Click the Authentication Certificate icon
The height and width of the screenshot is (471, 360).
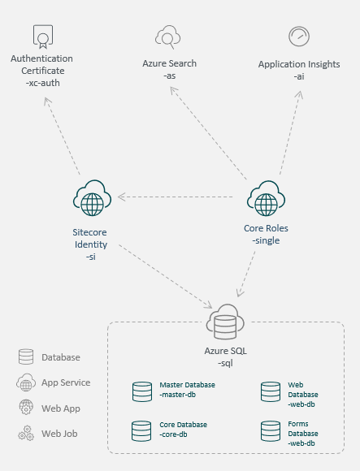(43, 37)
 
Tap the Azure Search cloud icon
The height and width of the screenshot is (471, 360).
(167, 37)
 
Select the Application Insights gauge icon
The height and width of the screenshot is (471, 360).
(299, 37)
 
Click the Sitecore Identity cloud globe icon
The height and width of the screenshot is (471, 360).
(93, 198)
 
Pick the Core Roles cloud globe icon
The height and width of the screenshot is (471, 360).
(266, 198)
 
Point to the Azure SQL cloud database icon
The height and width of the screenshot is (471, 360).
(225, 322)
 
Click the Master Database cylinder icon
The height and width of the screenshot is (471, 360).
(142, 391)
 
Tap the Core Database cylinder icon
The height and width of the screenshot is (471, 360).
(141, 431)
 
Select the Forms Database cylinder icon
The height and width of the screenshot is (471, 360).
(271, 431)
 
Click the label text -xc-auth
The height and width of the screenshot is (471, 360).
(43, 83)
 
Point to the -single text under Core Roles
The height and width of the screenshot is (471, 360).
(266, 240)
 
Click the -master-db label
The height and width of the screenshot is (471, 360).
(178, 395)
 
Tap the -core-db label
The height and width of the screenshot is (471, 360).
(173, 434)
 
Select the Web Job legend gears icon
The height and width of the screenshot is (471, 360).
(26, 433)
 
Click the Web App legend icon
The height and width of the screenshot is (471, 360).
(26, 408)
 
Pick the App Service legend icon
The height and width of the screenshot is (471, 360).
(26, 382)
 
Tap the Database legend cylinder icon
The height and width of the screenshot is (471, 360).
(26, 356)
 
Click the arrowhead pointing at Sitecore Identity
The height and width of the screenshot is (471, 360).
(121, 197)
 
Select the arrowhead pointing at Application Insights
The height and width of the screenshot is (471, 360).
(299, 94)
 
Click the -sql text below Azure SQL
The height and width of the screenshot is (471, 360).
(225, 363)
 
